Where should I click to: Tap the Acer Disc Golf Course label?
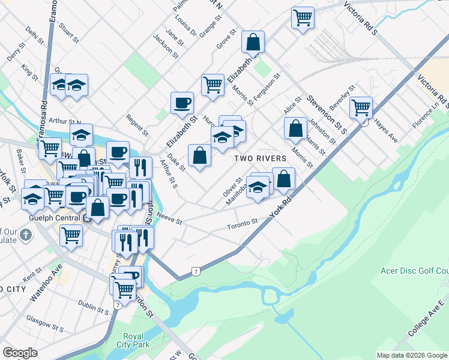pos(414,271)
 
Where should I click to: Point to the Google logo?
pos(20,353)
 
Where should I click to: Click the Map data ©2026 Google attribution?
pos(412,355)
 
